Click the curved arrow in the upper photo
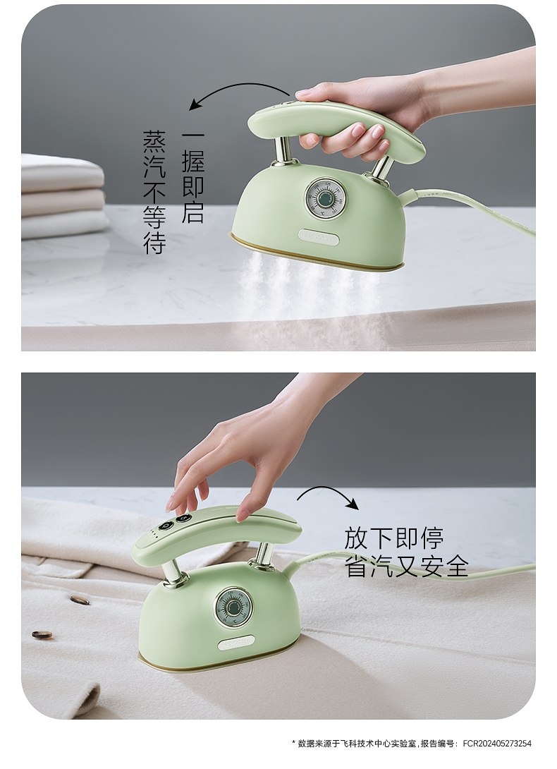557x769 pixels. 235,86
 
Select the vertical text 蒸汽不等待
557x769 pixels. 154,192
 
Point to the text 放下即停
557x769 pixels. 393,538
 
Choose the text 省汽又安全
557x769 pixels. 407,566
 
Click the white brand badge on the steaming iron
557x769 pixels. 318,238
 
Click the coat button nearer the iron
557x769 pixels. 78,600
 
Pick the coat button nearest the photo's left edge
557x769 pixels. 42,635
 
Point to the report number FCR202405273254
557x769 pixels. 496,744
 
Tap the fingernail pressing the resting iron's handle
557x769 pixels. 242,516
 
